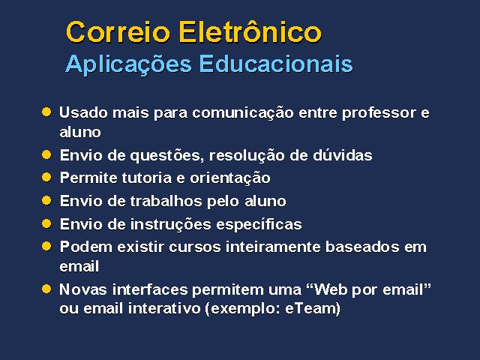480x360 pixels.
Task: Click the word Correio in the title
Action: [118, 32]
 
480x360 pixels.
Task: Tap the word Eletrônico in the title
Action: [250, 31]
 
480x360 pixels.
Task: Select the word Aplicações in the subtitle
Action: [128, 64]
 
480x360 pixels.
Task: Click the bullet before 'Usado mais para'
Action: [46, 112]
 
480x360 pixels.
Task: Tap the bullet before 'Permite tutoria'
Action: [46, 177]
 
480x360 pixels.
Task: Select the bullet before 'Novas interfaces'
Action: [46, 289]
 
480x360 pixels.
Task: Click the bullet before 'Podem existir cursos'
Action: [46, 246]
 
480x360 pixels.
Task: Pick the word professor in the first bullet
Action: [379, 113]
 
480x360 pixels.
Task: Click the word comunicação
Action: [243, 113]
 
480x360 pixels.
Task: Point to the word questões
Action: [167, 156]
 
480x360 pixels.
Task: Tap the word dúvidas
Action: [343, 155]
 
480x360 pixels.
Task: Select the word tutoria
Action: [148, 178]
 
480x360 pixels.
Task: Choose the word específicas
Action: [259, 225]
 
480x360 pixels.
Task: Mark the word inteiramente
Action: [273, 247]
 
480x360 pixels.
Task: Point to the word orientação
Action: [230, 178]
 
